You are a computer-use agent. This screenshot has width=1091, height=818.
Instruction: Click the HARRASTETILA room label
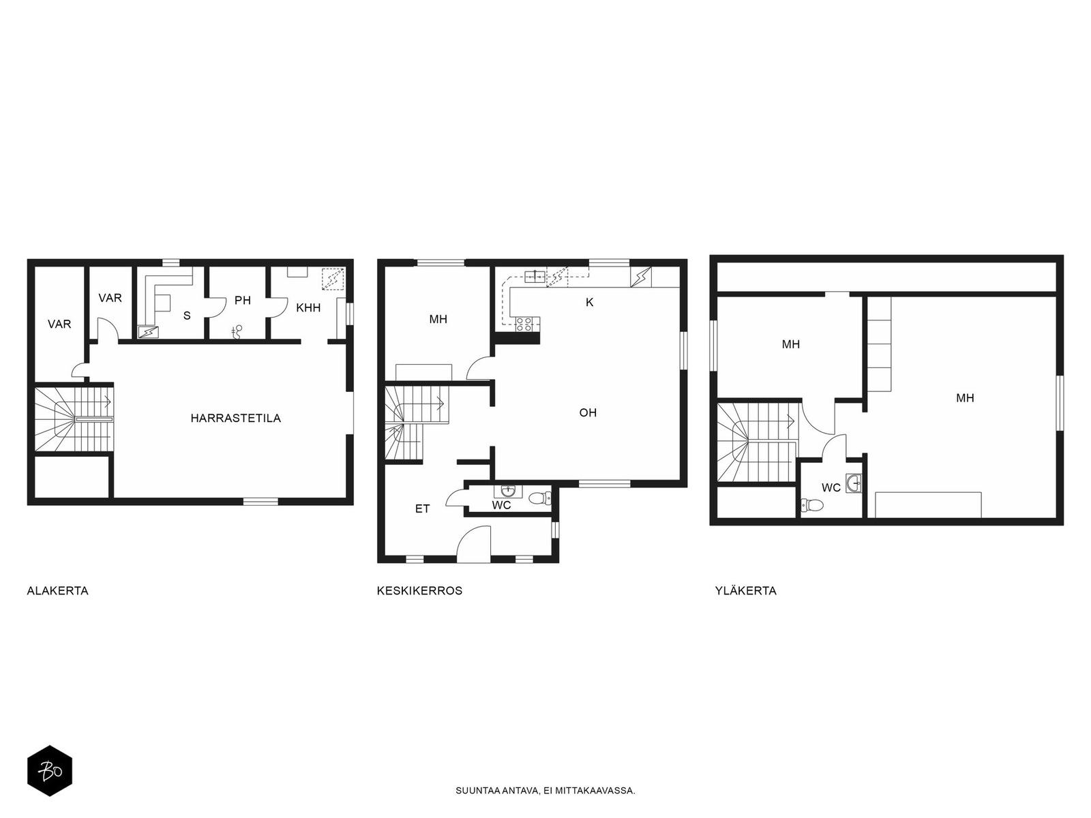(x=236, y=418)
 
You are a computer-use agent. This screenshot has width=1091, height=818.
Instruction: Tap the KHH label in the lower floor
(x=308, y=308)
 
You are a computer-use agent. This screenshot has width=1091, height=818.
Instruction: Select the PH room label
(x=243, y=301)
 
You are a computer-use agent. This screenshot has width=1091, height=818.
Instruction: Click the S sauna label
(x=187, y=316)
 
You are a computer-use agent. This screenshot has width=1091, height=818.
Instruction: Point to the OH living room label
(x=588, y=412)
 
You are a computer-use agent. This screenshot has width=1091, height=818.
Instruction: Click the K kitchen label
(x=590, y=303)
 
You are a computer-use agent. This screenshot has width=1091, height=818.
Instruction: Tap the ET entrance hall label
(x=423, y=509)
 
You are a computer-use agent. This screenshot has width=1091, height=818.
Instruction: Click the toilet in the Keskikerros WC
(x=540, y=497)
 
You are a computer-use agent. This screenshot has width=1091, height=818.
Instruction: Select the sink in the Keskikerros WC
(x=508, y=491)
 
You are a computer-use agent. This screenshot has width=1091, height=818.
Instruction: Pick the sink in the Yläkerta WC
(x=854, y=483)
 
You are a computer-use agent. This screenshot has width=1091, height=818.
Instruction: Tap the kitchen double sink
(x=535, y=276)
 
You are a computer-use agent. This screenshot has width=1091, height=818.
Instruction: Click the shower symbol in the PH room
(x=237, y=331)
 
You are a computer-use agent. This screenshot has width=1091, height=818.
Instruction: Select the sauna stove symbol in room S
(x=148, y=332)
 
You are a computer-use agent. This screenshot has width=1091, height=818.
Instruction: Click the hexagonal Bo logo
(x=50, y=771)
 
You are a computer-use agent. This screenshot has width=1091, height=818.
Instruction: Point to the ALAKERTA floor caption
(x=58, y=591)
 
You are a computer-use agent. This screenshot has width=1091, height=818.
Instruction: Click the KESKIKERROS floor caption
(x=419, y=591)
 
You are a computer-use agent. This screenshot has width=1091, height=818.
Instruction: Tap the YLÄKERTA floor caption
(x=745, y=590)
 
